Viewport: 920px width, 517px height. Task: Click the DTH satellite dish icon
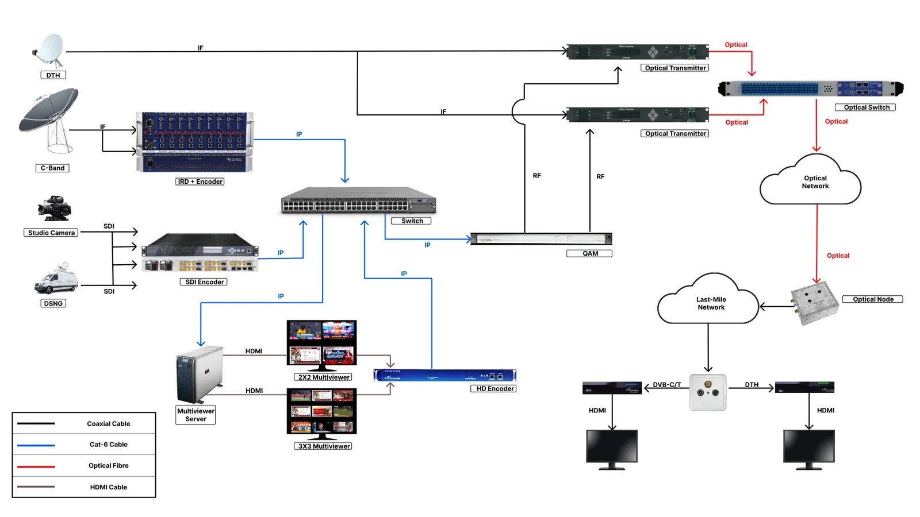(x=51, y=50)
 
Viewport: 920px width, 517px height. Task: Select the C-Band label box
(x=52, y=168)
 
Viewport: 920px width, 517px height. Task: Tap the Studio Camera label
(x=51, y=233)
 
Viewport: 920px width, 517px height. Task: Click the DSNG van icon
(x=56, y=280)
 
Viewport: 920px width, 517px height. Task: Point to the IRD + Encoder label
(x=200, y=182)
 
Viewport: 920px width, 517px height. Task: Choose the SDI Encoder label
(x=204, y=282)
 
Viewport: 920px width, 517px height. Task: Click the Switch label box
(x=411, y=221)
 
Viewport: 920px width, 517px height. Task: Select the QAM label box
(x=589, y=253)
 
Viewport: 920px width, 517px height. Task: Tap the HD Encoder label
(x=494, y=389)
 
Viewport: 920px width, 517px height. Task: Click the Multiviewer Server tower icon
(x=199, y=375)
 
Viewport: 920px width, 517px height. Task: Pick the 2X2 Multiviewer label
(x=323, y=377)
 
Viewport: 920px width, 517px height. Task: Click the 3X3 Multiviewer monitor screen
(x=322, y=411)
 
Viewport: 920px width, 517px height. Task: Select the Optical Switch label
(x=865, y=107)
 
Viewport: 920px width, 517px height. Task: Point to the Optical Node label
(x=872, y=299)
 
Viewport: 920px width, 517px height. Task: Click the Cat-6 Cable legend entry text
(x=108, y=445)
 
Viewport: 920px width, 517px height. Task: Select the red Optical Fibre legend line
(x=36, y=466)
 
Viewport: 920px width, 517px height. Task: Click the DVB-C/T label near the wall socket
(x=666, y=385)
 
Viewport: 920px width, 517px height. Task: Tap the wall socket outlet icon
(x=707, y=392)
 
